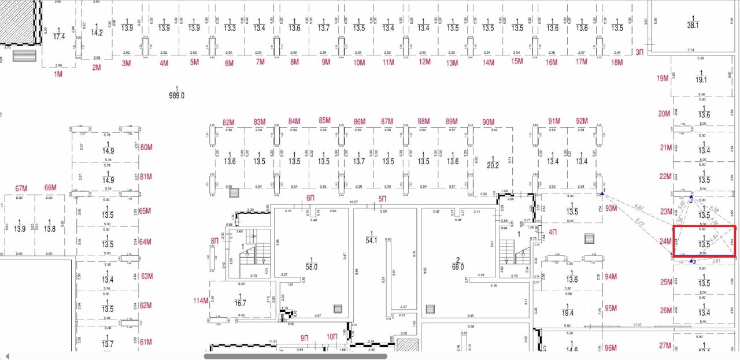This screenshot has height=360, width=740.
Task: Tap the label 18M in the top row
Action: [x=617, y=62]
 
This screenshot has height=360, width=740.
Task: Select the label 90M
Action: [x=489, y=122]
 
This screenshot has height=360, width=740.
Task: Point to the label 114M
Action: [x=201, y=300]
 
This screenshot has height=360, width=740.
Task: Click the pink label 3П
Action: [x=639, y=52]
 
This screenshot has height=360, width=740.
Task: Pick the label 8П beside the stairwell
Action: [x=215, y=240]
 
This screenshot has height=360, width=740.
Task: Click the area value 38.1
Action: [x=693, y=25]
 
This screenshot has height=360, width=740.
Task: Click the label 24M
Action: [x=666, y=241]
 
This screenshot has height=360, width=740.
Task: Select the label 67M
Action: [x=21, y=188]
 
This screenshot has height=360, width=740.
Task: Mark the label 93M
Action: [x=611, y=207]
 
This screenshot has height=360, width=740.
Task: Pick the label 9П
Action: [x=305, y=337]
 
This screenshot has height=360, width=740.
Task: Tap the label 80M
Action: [x=146, y=147]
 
